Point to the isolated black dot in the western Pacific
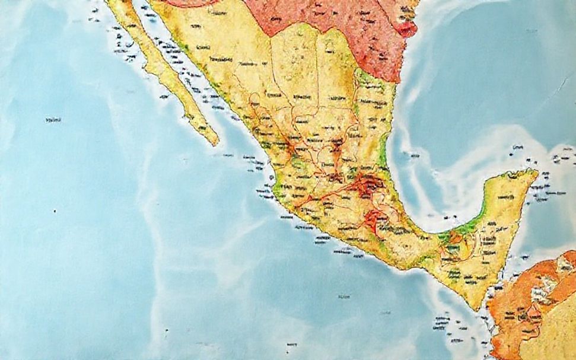click(x=55, y=211)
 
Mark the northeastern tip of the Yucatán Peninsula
click(x=536, y=173)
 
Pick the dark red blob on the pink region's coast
click(x=408, y=28)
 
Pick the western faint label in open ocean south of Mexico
click(x=342, y=296)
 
